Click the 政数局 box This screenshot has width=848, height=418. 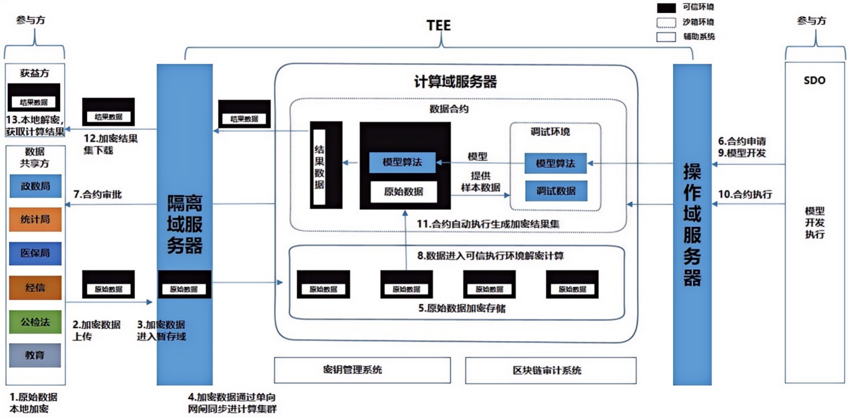(x=36, y=186)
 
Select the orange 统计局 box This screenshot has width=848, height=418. (x=36, y=219)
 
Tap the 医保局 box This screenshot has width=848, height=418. (x=36, y=253)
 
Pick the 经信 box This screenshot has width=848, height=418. (x=36, y=288)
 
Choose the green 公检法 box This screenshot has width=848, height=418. (x=36, y=322)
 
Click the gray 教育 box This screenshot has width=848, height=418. (x=35, y=355)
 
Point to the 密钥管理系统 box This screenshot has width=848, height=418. (x=362, y=370)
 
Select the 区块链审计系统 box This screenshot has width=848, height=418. (x=551, y=370)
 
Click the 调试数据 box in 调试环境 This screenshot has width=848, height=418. (x=556, y=191)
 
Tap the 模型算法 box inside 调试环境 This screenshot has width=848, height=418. (x=556, y=163)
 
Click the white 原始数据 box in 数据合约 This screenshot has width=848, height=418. (x=404, y=192)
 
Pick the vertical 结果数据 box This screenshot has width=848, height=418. (x=319, y=167)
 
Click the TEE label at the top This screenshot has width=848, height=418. (x=438, y=26)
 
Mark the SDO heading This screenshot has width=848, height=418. (x=814, y=80)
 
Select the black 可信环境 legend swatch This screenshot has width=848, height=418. (x=666, y=7)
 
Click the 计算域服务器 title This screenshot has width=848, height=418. (x=455, y=82)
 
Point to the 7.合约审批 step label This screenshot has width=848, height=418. (x=98, y=195)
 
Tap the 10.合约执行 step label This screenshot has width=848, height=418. (x=745, y=194)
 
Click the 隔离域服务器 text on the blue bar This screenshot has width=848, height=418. (x=185, y=224)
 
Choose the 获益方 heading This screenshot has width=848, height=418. (x=35, y=73)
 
